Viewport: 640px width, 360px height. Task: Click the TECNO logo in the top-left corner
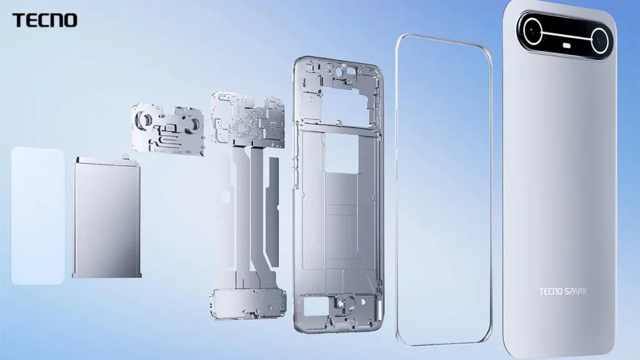pos(44,20)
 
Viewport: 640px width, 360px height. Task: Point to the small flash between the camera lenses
pos(569,46)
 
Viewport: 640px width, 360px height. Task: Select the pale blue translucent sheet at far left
pos(37,216)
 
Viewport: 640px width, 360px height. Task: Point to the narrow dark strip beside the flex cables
pos(272,187)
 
